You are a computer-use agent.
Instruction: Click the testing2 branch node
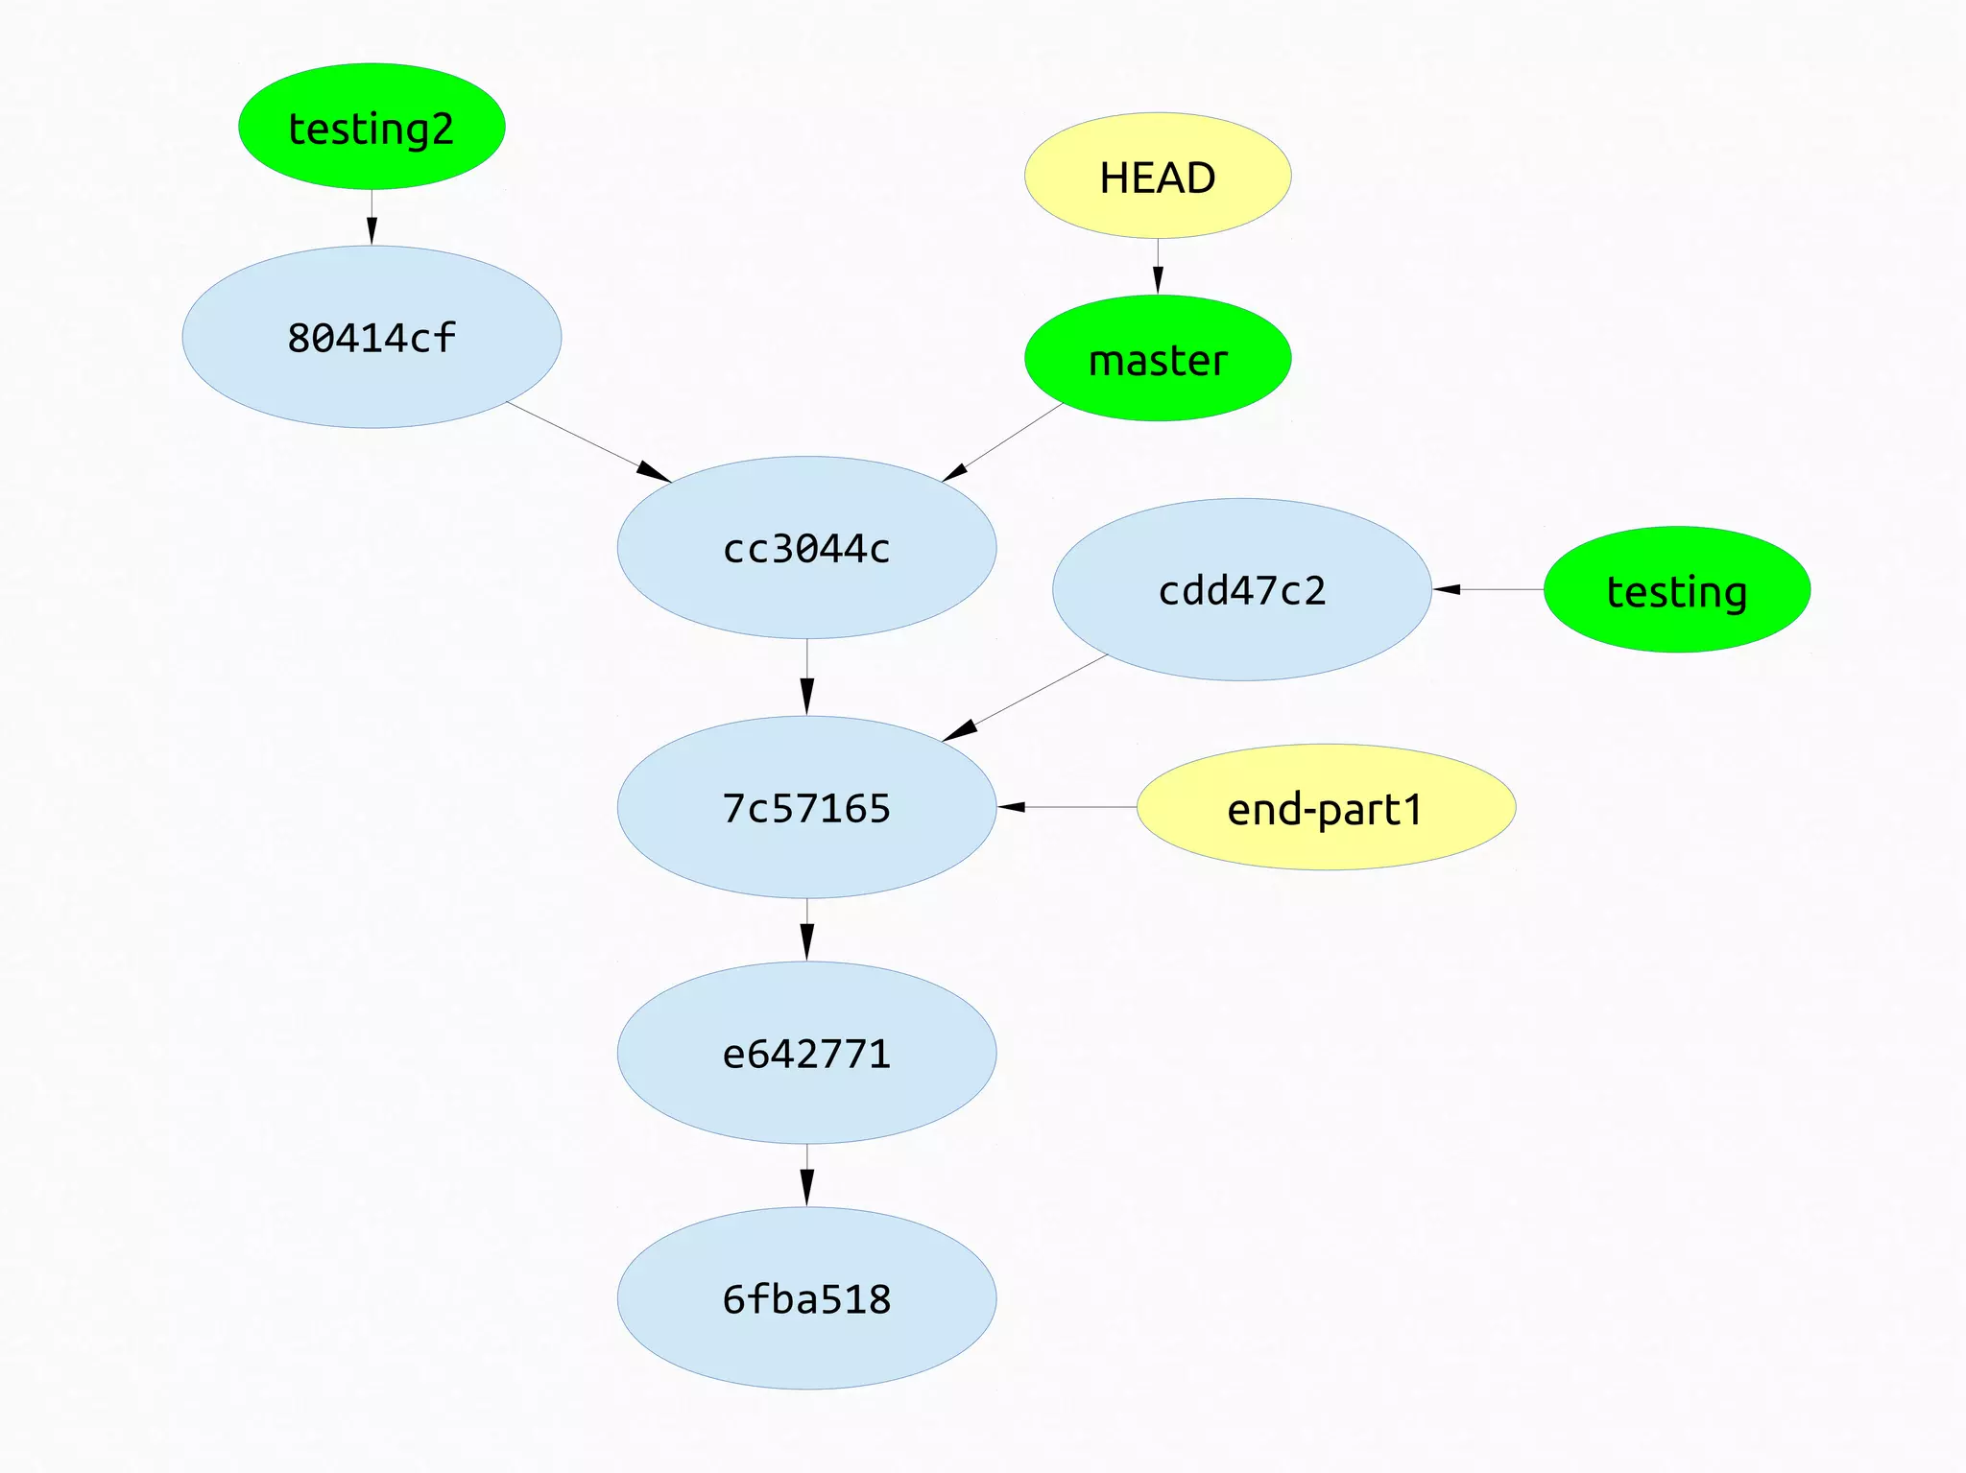click(x=372, y=127)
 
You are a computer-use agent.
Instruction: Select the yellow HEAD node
click(x=1158, y=177)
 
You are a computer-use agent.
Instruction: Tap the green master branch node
click(x=1158, y=359)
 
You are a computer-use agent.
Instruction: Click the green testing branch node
click(x=1676, y=590)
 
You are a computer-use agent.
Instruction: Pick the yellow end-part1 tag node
click(x=1326, y=808)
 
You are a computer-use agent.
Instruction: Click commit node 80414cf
click(x=372, y=338)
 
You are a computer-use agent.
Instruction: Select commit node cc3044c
click(x=806, y=548)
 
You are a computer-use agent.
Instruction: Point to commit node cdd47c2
click(x=1242, y=590)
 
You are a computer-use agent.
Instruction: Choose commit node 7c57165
click(x=806, y=808)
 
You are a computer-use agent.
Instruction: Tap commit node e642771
click(x=806, y=1054)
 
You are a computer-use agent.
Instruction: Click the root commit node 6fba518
click(x=806, y=1298)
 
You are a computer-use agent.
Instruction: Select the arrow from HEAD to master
click(x=1158, y=267)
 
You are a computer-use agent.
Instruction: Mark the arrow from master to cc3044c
click(x=1002, y=442)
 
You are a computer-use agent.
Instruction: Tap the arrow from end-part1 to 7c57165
click(x=1067, y=807)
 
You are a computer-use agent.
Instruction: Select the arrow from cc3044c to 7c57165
click(x=806, y=677)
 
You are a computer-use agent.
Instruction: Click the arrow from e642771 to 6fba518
click(x=806, y=1176)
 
